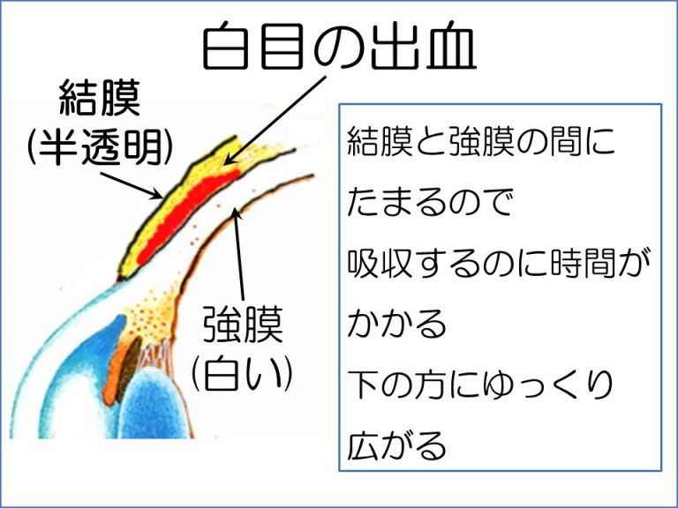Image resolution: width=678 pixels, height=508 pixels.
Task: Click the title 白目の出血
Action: pos(339,47)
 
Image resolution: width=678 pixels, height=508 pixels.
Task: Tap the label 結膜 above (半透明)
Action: pos(100,97)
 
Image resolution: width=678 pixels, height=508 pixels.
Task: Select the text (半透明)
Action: pos(100,147)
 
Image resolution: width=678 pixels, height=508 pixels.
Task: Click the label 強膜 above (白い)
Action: pos(243,324)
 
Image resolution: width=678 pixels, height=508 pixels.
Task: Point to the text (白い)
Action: pos(242,372)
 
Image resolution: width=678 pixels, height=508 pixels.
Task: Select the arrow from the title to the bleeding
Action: pos(275,121)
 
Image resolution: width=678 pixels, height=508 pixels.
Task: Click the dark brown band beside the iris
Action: pos(129,367)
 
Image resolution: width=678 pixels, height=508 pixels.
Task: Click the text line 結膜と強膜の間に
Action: pos(480,141)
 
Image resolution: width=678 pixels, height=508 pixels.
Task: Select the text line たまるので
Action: pos(430,202)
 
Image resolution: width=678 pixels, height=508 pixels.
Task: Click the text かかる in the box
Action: pos(396,324)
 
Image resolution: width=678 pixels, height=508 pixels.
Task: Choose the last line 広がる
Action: pos(396,444)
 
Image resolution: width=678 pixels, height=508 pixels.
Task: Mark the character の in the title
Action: pos(339,48)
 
